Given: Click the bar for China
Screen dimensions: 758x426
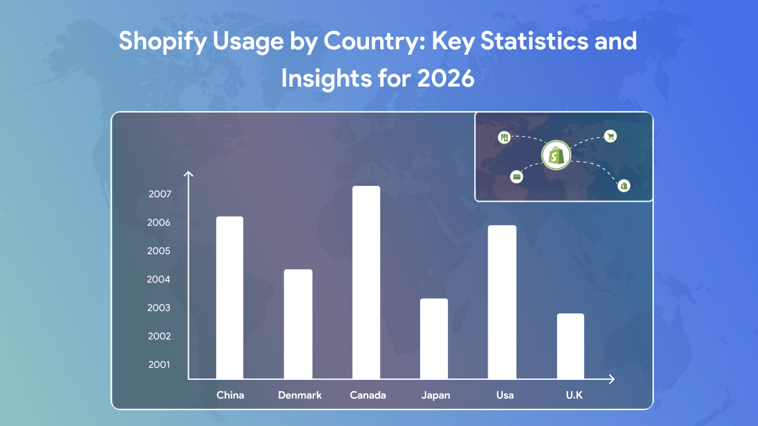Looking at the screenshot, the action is [229, 298].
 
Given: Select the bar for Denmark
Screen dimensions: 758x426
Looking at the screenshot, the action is [298, 324].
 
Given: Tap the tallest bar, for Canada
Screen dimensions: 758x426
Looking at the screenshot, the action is [366, 283].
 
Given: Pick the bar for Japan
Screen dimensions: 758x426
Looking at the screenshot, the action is [434, 339].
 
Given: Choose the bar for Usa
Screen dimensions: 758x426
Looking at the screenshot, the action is [502, 302].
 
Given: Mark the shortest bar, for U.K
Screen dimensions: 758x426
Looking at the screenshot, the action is [570, 346].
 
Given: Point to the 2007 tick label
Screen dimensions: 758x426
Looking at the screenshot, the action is [160, 194].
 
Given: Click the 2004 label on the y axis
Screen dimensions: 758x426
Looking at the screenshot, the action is [159, 279].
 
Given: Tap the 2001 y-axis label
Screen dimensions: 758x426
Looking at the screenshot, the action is [159, 365].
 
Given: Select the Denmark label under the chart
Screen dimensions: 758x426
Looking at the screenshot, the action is [300, 395].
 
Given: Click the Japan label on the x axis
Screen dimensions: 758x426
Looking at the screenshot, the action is [435, 396].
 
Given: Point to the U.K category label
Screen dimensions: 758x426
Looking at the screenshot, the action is [574, 395].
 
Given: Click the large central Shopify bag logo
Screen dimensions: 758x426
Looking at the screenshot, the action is [556, 155].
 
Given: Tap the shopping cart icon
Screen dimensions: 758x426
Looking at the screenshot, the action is [610, 137].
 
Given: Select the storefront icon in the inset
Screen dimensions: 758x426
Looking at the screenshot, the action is [504, 138].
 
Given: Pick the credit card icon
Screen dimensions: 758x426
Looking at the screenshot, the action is [517, 177].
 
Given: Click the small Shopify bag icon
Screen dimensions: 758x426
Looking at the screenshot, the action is [624, 186].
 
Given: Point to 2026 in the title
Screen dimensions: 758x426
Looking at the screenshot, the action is [446, 78].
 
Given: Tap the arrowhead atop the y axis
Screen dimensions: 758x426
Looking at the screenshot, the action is [188, 174].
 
